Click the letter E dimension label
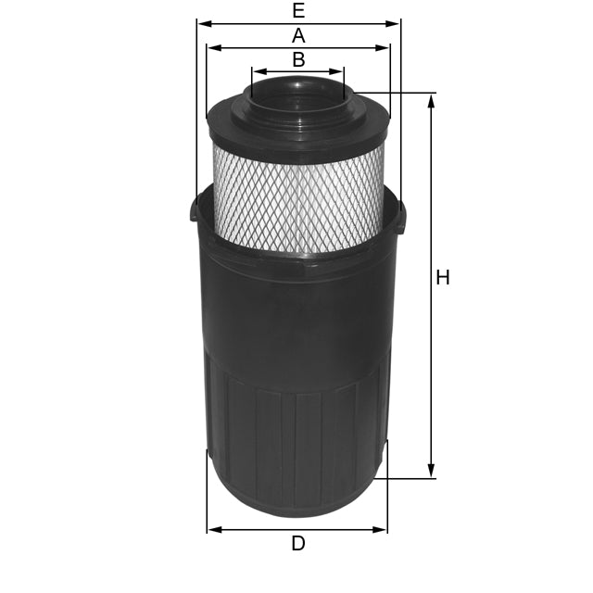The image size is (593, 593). (x=297, y=11)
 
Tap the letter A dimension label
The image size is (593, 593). (x=298, y=35)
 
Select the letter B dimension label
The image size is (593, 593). (x=298, y=59)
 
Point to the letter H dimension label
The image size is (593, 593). (x=443, y=277)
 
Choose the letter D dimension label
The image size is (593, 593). (x=297, y=544)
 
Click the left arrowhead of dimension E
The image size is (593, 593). (x=202, y=23)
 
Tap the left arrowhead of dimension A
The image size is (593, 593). (x=212, y=46)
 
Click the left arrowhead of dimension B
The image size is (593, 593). (x=257, y=70)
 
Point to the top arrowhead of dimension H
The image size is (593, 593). (x=431, y=99)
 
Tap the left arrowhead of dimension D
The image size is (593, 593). (x=212, y=529)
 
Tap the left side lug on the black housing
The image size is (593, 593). (x=194, y=211)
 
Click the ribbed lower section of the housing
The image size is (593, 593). (x=296, y=435)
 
